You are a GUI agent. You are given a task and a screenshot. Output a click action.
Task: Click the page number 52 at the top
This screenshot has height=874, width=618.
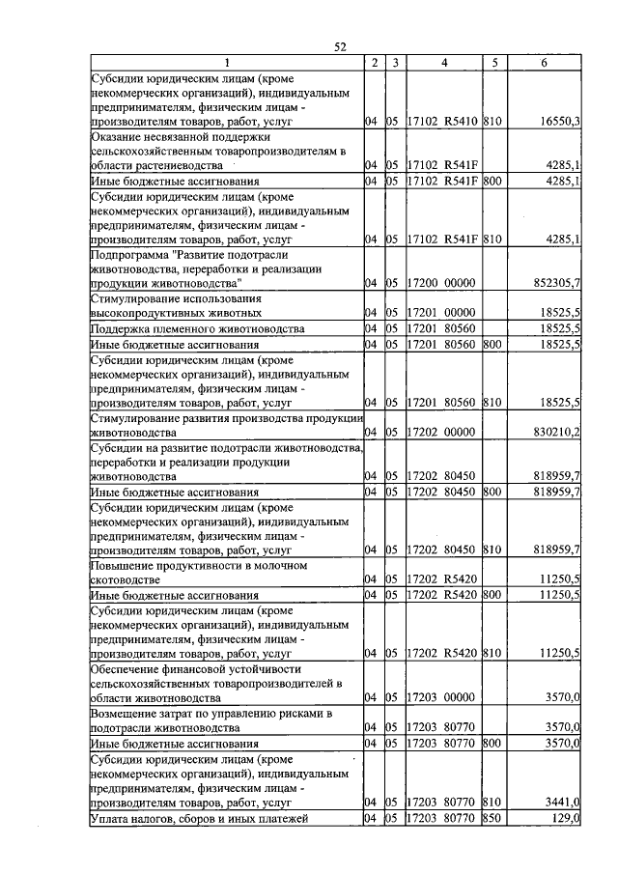point(340,46)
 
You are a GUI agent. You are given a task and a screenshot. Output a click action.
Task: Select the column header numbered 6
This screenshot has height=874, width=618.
point(545,63)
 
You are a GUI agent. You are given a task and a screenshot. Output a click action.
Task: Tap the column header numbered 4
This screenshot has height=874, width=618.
point(443,63)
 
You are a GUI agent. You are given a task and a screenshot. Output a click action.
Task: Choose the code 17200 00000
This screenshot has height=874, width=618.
point(441,283)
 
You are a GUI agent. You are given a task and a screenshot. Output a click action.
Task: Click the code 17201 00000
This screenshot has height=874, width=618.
point(441,313)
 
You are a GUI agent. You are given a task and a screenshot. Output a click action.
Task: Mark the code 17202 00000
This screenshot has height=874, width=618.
point(441,432)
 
